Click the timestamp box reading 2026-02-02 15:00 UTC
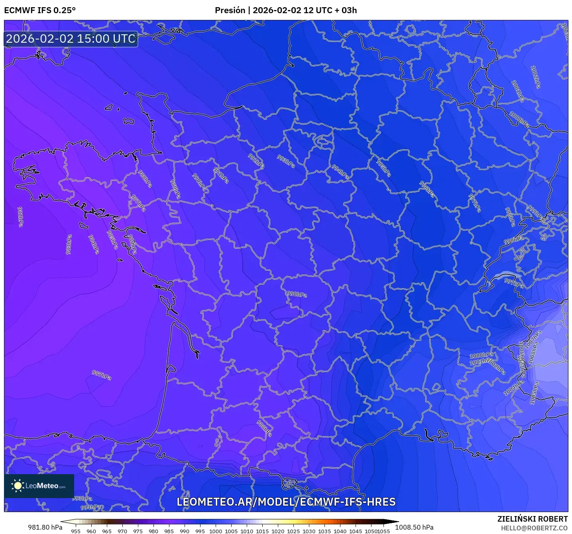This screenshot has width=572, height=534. (71, 39)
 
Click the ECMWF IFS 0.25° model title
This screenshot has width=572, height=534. (40, 10)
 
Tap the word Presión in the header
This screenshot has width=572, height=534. (230, 10)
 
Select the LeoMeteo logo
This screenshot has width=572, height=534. (39, 486)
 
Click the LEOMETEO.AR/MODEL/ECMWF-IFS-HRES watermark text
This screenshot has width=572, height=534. (286, 502)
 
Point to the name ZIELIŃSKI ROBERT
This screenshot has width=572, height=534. (532, 519)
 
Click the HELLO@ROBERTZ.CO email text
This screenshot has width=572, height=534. (534, 528)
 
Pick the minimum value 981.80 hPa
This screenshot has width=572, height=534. (45, 527)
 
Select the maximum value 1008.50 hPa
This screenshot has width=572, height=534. (414, 527)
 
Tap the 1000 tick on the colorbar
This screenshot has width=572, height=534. (216, 531)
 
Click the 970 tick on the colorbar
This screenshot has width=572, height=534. (122, 531)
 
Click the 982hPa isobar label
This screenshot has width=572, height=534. (20, 217)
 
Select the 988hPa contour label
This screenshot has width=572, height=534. (264, 428)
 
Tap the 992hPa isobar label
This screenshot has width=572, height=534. (256, 160)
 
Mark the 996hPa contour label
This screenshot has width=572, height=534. (427, 189)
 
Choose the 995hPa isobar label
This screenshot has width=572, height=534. (383, 168)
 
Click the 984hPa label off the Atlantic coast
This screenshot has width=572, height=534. (94, 244)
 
